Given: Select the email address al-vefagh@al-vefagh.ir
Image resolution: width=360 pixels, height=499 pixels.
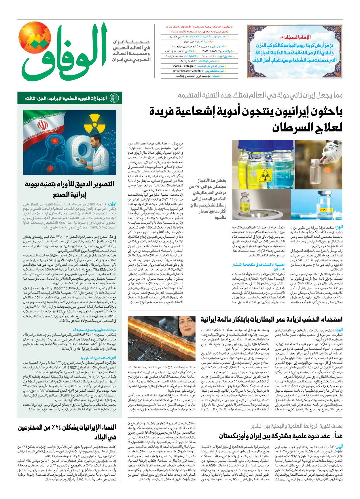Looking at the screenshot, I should click(x=188, y=71).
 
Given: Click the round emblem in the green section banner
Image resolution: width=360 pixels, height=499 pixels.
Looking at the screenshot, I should click(x=115, y=98).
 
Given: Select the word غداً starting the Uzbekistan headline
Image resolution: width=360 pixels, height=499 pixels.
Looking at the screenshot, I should click(x=337, y=436).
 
